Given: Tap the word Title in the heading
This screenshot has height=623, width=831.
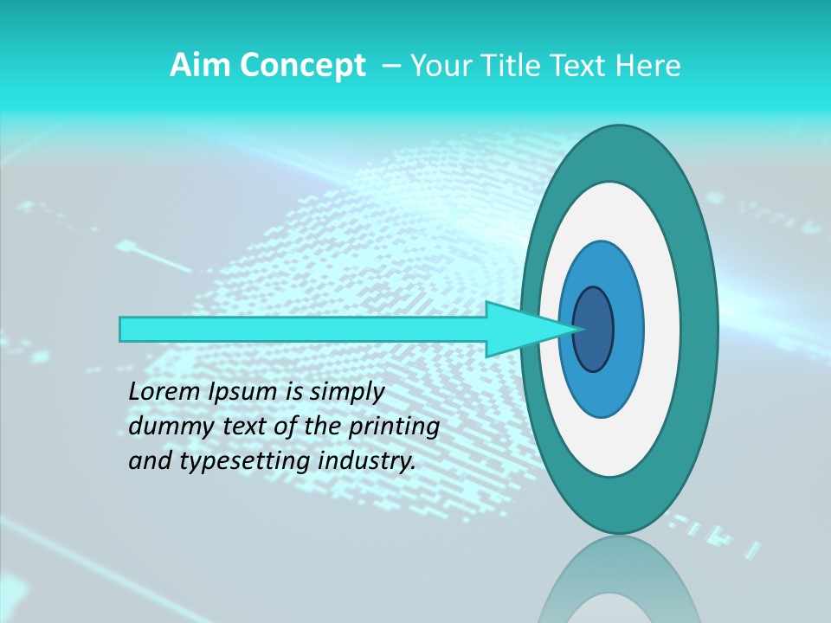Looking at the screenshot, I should (x=509, y=66).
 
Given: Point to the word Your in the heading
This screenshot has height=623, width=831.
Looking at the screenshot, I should (x=441, y=66).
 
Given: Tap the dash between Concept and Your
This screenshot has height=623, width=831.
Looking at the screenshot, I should (x=390, y=67).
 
